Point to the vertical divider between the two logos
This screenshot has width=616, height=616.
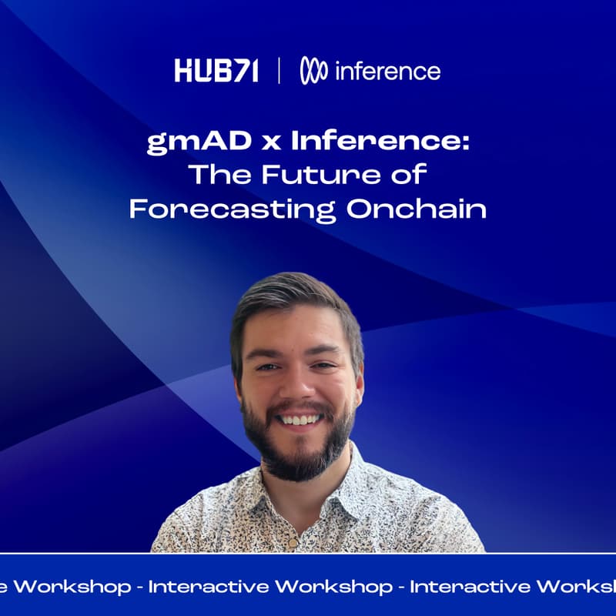point(278,72)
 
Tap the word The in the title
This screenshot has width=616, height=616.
point(219,176)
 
